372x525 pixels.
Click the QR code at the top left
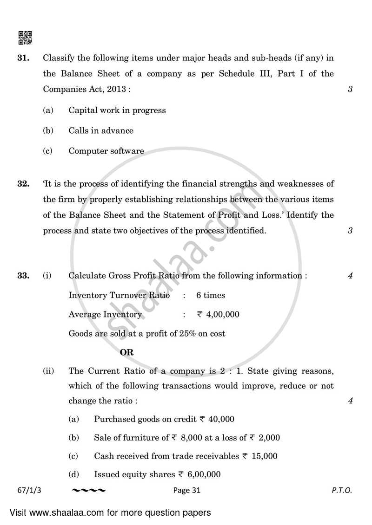click(25, 37)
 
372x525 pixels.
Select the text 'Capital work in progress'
click(117, 110)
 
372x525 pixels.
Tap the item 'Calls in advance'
click(101, 130)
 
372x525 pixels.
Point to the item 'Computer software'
click(106, 151)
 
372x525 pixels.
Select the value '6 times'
click(211, 295)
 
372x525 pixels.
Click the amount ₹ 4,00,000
click(218, 314)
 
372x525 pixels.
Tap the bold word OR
click(126, 352)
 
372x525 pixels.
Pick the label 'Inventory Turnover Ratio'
click(119, 295)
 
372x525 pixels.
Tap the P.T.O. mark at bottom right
click(342, 490)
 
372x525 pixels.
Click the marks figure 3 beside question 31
click(350, 89)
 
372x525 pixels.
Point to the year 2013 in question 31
click(119, 89)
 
